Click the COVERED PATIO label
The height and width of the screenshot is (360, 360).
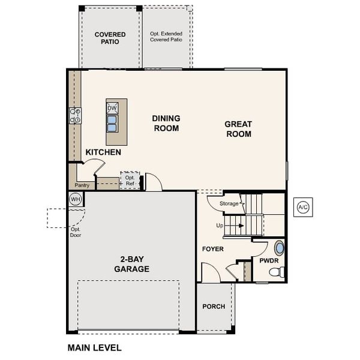tap(110, 38)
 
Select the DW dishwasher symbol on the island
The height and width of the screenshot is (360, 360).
tap(112, 108)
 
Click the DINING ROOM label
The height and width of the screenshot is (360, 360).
tap(166, 123)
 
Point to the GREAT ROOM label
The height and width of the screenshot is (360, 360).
tap(238, 129)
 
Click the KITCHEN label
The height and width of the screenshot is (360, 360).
tap(103, 152)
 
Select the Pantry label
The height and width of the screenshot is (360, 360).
tap(83, 185)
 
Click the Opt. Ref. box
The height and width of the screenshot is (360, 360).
tap(130, 180)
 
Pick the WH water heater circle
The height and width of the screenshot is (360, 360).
tap(76, 199)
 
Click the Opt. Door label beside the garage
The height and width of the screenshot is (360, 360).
tap(76, 232)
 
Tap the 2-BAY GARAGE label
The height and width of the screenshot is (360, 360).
tap(131, 265)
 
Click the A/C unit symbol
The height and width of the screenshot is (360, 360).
tap(302, 208)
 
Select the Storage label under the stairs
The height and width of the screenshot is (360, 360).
tap(229, 204)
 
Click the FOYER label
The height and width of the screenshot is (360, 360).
tap(212, 248)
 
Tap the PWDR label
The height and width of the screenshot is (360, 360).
tap(268, 261)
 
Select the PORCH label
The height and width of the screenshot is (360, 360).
tap(214, 306)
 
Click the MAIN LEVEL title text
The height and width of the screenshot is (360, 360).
tap(94, 347)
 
